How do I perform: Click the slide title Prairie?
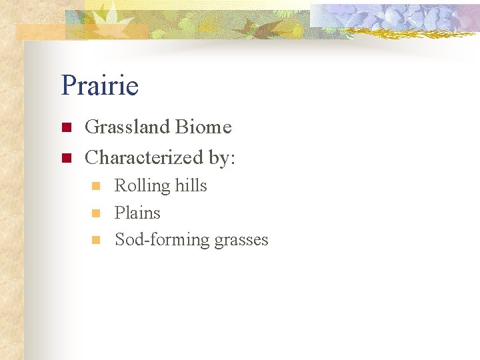tap(99, 86)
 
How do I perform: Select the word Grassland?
tap(128, 127)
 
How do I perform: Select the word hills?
tap(191, 185)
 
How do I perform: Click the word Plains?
tap(137, 213)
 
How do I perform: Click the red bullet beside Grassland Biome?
tap(65, 127)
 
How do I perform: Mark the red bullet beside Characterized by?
tap(65, 158)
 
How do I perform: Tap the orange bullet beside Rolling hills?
tap(96, 186)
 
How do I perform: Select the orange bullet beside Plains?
tap(96, 213)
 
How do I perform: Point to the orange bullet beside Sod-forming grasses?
tap(96, 240)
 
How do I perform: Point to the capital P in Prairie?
tap(68, 86)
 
